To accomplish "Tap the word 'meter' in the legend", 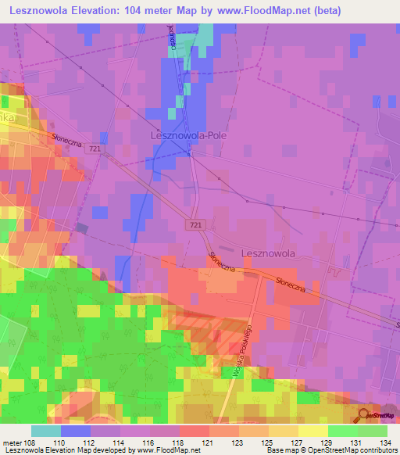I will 12,442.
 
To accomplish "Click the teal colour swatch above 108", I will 46,431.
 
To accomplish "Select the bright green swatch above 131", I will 343,431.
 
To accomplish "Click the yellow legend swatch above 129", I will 313,431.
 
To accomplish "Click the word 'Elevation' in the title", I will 92,9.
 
